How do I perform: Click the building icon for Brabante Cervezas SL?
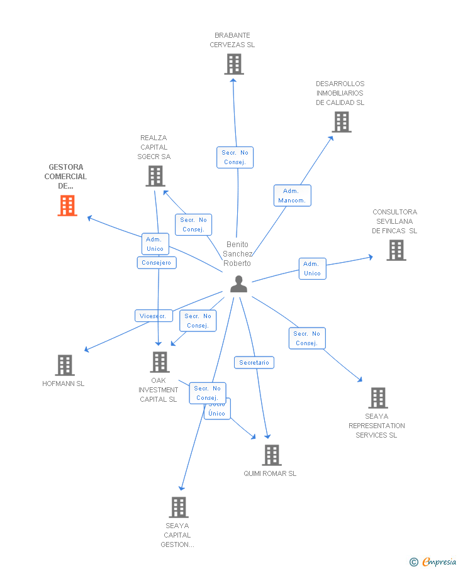(x=234, y=64)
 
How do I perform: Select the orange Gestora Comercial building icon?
(x=67, y=206)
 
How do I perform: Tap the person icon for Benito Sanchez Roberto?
(x=238, y=284)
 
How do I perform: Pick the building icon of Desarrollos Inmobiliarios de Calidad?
(x=341, y=122)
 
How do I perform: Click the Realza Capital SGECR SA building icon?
(x=155, y=176)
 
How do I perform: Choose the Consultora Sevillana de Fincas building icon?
(x=396, y=250)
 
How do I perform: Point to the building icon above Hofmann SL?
(x=64, y=365)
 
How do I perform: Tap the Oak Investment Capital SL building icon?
(x=160, y=362)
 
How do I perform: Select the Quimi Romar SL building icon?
(x=271, y=455)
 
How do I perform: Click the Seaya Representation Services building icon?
(x=377, y=397)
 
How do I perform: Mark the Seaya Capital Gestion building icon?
(x=179, y=507)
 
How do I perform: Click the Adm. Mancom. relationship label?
(x=293, y=196)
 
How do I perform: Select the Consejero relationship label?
(x=157, y=263)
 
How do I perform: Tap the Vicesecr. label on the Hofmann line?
(x=154, y=316)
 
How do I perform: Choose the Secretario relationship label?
(x=254, y=363)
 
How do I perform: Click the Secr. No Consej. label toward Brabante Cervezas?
(x=235, y=157)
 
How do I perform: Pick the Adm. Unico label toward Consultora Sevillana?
(x=312, y=268)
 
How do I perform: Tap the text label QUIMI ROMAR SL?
(x=270, y=473)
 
